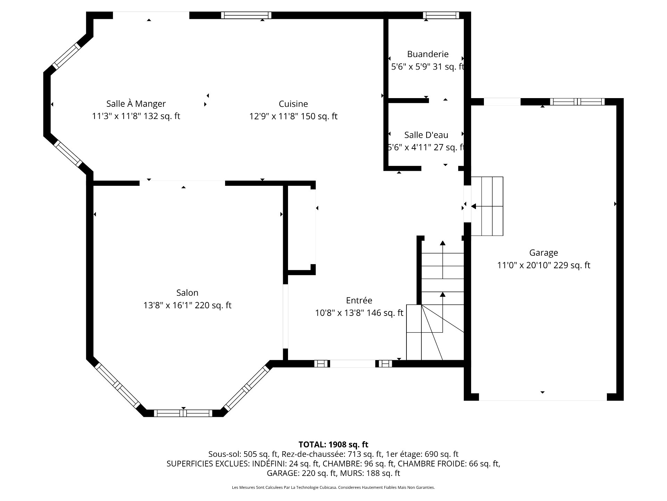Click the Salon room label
(187, 293)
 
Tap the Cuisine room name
(293, 104)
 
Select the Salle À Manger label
(136, 104)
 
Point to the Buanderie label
(428, 54)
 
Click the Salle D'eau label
(426, 135)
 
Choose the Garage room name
(544, 253)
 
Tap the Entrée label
(359, 300)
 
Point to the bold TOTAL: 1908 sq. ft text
(333, 444)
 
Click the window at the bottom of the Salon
(183, 413)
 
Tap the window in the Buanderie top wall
(441, 15)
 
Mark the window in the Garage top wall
(577, 102)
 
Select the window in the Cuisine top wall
(246, 15)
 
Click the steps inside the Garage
(487, 206)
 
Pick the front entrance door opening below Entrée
(353, 364)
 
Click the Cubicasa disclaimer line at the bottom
(333, 487)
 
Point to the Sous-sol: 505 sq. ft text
(244, 454)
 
